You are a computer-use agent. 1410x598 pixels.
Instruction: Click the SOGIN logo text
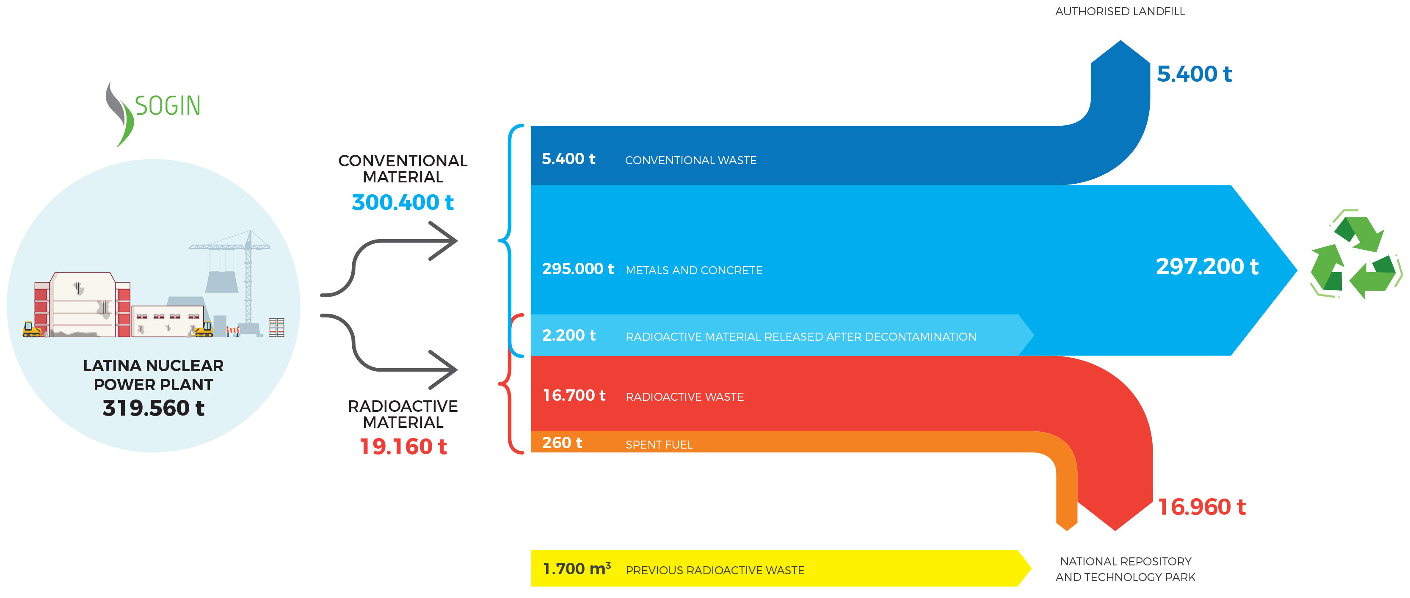168,106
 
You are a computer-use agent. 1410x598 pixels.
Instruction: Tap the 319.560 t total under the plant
153,408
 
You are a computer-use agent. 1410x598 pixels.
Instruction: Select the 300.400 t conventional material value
403,202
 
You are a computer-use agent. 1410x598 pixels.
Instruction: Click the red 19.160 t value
403,447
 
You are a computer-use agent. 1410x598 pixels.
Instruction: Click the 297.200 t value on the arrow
1207,267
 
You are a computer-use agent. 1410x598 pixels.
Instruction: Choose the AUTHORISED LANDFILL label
1120,11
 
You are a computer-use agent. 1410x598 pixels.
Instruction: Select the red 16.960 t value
1202,507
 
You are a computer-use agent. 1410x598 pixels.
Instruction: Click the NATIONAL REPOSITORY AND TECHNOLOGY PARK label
1126,569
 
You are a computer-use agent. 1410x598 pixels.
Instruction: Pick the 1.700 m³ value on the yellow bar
577,569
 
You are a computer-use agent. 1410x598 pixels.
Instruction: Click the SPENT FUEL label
659,445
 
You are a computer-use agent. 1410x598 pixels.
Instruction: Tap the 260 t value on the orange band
562,443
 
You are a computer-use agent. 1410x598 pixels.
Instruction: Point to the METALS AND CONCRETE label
694,270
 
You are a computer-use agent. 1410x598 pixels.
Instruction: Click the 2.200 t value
569,335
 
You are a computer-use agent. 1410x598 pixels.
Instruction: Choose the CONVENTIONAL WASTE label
691,160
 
